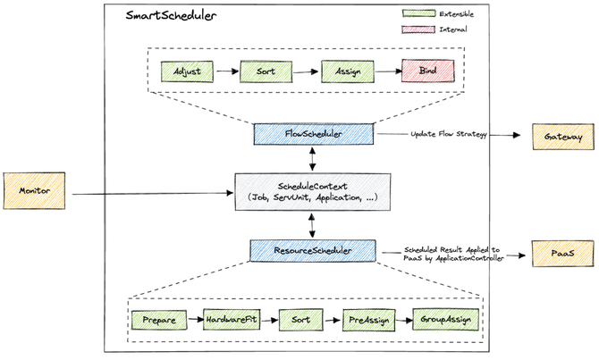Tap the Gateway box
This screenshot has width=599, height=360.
[x=563, y=136]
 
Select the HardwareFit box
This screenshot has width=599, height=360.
[x=232, y=319]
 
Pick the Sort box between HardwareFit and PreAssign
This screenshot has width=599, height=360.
[x=302, y=319]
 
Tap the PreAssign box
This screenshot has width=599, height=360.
[x=368, y=319]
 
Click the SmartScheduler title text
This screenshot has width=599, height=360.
[x=160, y=16]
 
